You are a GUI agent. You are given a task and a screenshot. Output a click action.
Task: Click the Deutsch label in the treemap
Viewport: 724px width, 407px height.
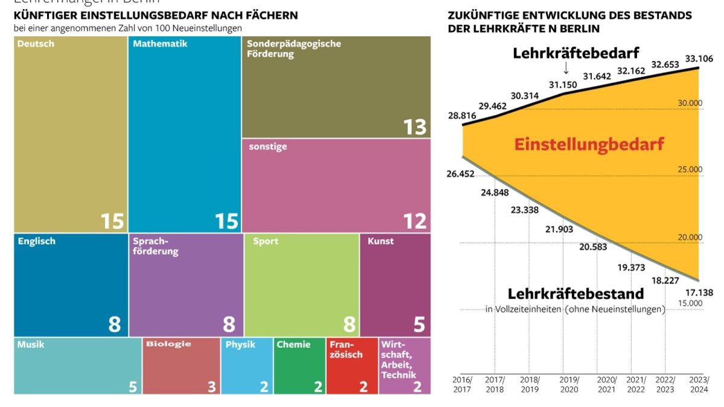pyautogui.click(x=36, y=44)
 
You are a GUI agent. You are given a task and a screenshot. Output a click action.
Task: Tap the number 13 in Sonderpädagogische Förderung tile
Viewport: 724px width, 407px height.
pyautogui.click(x=414, y=127)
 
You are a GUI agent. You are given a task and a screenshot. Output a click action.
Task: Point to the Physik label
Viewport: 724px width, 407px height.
pyautogui.click(x=240, y=345)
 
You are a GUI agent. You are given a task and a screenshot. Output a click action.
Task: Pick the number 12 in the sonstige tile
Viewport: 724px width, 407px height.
pyautogui.click(x=414, y=221)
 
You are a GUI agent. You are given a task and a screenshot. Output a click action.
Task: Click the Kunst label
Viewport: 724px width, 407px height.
pyautogui.click(x=380, y=241)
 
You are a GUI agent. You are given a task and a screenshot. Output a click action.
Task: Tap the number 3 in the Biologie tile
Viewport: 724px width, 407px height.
pyautogui.click(x=212, y=386)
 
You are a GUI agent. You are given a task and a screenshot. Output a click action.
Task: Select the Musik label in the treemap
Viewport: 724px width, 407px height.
pyautogui.click(x=31, y=345)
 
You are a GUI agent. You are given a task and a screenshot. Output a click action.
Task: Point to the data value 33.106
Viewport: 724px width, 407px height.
pyautogui.click(x=699, y=58)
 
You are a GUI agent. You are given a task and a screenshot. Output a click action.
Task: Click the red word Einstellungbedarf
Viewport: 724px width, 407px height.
pyautogui.click(x=589, y=145)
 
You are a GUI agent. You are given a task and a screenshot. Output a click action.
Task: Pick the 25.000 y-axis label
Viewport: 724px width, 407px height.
pyautogui.click(x=690, y=170)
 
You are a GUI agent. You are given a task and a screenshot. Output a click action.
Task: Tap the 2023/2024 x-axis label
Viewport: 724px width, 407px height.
pyautogui.click(x=699, y=385)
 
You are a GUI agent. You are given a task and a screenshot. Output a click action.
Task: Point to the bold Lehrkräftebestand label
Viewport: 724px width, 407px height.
pyautogui.click(x=576, y=294)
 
